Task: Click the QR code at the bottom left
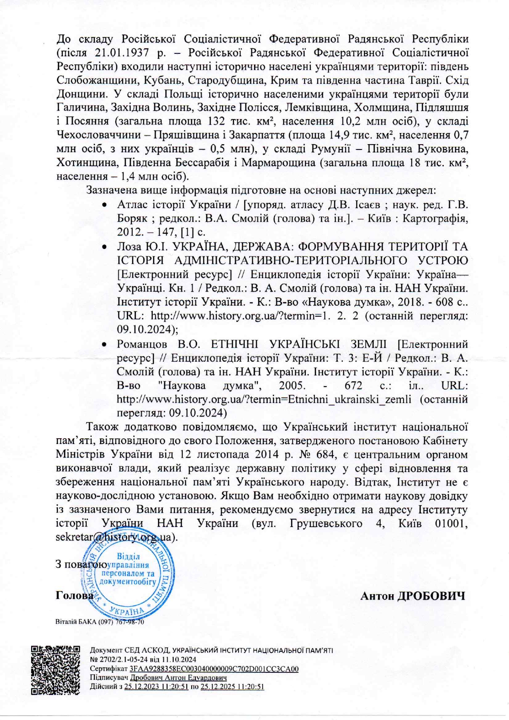tap(56, 670)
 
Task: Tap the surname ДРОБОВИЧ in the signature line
tap(431, 596)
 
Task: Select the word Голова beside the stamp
tap(74, 595)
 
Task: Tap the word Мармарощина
tap(278, 163)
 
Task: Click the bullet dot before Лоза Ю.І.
tap(105, 247)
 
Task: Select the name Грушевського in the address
tap(326, 523)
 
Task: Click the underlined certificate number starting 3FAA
tap(214, 669)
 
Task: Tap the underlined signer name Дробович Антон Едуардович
tap(178, 678)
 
